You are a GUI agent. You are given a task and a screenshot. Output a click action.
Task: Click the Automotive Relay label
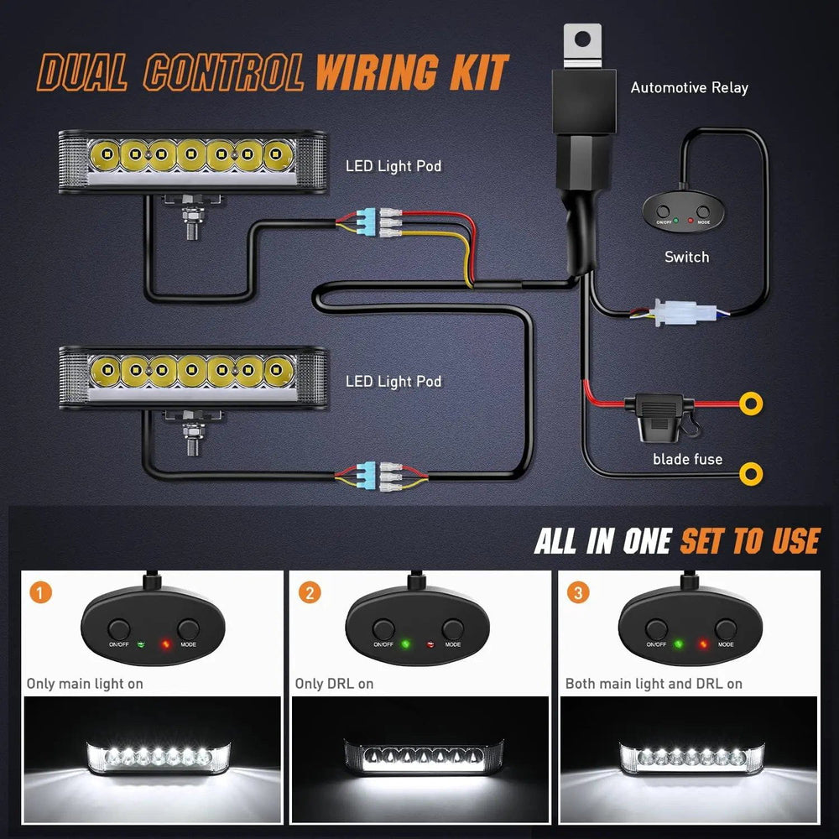tap(689, 87)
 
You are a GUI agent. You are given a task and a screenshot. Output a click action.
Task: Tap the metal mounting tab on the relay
tap(583, 45)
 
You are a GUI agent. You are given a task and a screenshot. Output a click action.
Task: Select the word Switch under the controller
tap(686, 257)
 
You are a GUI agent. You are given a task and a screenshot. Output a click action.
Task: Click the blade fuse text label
tap(687, 458)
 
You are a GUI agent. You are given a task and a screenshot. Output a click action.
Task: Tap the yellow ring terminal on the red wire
tap(752, 403)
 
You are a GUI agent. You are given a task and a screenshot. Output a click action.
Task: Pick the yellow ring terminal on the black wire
tap(752, 475)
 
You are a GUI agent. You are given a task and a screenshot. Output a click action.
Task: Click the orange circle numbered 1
tap(39, 593)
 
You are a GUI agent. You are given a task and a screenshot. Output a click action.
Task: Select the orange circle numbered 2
tap(310, 593)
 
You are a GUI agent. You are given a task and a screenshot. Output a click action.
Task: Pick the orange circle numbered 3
tap(577, 593)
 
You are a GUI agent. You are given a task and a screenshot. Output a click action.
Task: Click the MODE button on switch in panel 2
tap(453, 628)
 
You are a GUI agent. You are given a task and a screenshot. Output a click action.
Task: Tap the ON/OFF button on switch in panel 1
tap(118, 628)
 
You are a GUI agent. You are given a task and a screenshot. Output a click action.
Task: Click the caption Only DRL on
tap(334, 684)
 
